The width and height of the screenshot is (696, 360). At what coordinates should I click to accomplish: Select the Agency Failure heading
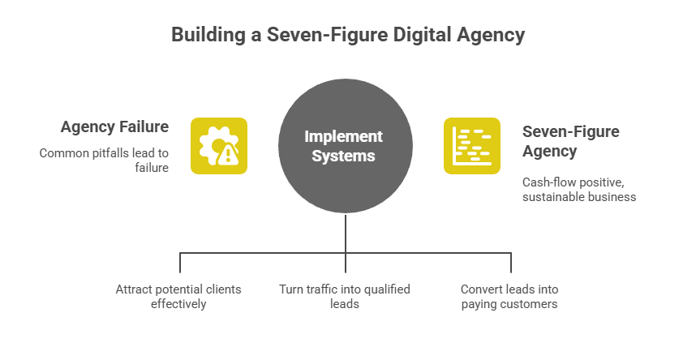click(x=114, y=127)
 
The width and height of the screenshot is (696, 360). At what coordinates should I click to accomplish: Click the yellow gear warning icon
click(x=218, y=145)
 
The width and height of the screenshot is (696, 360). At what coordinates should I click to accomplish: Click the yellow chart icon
click(x=471, y=145)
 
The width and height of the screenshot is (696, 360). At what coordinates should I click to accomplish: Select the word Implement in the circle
click(x=343, y=136)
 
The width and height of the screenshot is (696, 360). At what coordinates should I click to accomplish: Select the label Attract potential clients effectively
click(x=179, y=296)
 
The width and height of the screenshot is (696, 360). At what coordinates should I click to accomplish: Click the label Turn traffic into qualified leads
click(x=345, y=296)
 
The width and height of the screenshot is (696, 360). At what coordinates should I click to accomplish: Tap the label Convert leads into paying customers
click(x=509, y=296)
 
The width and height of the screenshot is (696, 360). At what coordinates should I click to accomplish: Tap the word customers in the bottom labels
click(x=531, y=304)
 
